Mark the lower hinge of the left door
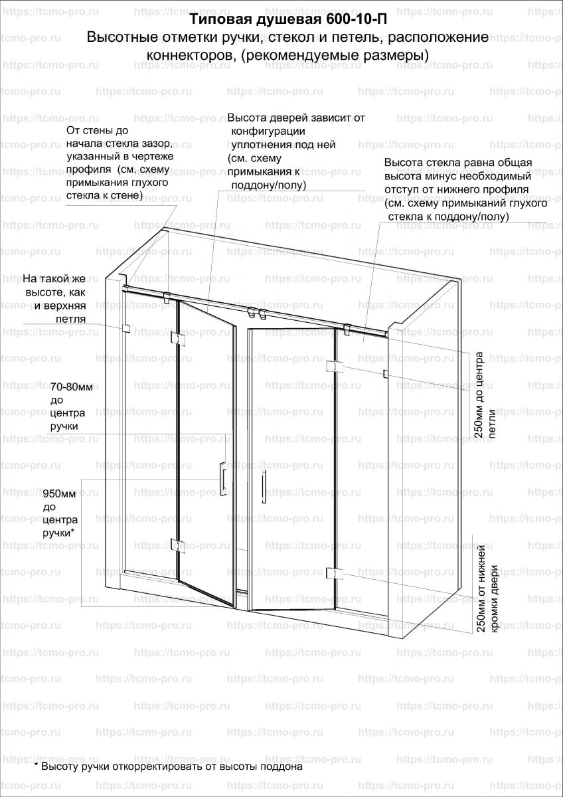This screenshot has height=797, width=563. tap(176, 546)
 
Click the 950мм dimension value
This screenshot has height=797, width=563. tap(64, 494)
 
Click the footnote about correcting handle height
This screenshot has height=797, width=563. tap(168, 766)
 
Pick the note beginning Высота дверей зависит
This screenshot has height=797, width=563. tap(295, 151)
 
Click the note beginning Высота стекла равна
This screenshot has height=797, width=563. tap(465, 189)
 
